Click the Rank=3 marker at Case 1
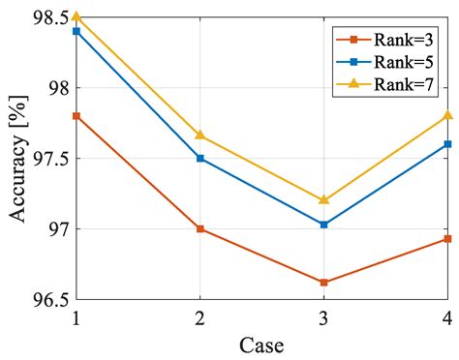pos(76,116)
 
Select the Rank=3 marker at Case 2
pos(199,229)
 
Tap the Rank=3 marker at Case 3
pos(323,283)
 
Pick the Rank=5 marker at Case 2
pos(199,158)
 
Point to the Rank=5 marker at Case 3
pos(323,225)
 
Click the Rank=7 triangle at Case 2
pos(199,135)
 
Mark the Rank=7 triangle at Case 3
pos(323,199)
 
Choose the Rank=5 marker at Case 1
pos(76,31)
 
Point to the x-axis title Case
pos(261,344)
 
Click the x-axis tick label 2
pos(199,316)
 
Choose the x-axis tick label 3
pos(323,316)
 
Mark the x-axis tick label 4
pos(446,316)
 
